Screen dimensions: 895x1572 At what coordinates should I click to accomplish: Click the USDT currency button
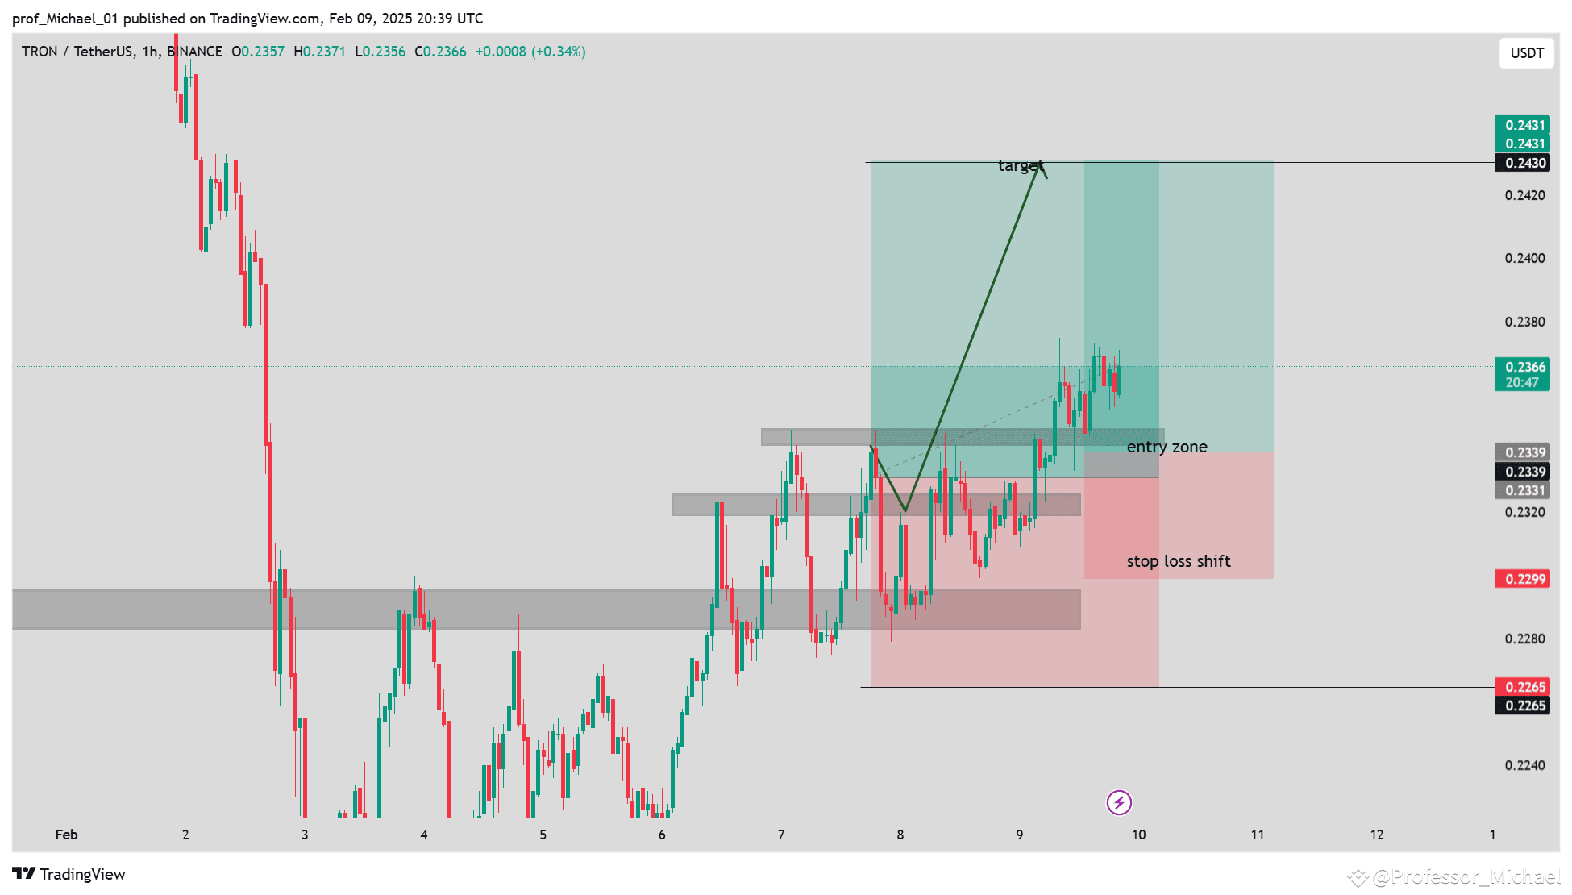[x=1526, y=53]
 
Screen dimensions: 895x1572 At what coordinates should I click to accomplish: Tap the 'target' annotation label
[x=1019, y=166]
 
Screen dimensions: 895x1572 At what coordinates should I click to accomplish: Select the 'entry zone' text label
[x=1167, y=447]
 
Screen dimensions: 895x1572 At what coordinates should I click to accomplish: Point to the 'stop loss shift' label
[x=1178, y=561]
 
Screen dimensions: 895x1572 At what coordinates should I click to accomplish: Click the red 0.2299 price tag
[x=1522, y=579]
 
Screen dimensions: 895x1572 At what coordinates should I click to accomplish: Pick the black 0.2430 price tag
[x=1522, y=163]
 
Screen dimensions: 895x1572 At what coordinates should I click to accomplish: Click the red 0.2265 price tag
[x=1522, y=687]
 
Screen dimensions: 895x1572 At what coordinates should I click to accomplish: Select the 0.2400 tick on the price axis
[x=1524, y=258]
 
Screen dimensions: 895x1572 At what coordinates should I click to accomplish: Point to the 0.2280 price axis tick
[x=1524, y=639]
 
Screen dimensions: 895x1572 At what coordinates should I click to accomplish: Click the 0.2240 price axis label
[x=1524, y=765]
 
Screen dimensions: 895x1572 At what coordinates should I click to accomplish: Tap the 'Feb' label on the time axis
[x=66, y=835]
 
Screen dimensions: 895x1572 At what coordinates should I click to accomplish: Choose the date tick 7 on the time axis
[x=781, y=835]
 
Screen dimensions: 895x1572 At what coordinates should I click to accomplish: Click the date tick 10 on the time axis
[x=1138, y=835]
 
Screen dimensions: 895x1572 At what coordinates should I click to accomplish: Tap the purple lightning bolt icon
[x=1119, y=802]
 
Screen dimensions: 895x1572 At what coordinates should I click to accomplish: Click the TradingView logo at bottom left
[x=69, y=874]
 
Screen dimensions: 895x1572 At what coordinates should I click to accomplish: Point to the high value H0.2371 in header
[x=319, y=52]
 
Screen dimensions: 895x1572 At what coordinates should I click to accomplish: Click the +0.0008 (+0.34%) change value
[x=530, y=52]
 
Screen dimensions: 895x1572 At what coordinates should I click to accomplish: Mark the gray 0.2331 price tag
[x=1522, y=490]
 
